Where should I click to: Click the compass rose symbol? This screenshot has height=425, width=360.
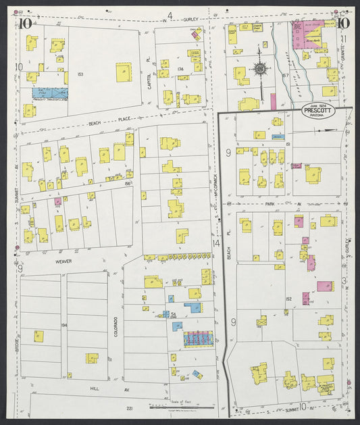tap(259, 68)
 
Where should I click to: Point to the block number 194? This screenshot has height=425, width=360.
tap(64, 325)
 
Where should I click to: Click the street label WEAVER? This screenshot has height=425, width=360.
tap(64, 259)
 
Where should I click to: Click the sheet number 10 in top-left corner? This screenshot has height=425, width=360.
tap(26, 24)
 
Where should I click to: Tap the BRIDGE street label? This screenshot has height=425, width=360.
tap(15, 328)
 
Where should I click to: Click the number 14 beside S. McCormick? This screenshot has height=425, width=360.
tap(216, 243)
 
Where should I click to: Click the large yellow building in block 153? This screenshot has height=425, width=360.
tap(124, 72)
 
